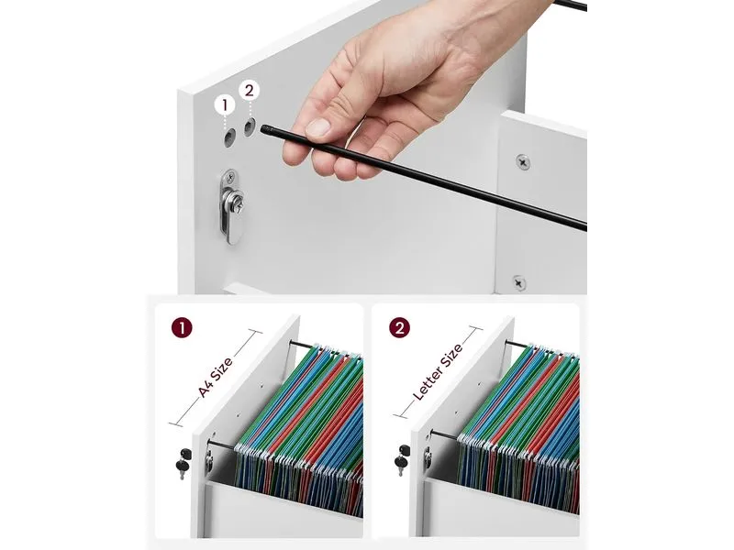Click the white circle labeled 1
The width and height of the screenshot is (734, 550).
pos(225,105)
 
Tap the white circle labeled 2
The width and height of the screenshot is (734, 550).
pos(249,90)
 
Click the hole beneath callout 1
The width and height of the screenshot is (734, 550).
pos(228,138)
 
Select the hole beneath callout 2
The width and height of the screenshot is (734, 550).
pos(249,127)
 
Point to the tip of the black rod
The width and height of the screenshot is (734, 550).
pos(263,128)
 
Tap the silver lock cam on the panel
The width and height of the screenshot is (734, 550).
pos(230,205)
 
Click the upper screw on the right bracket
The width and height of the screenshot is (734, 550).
pos(523,163)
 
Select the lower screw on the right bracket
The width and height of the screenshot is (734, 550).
pos(519,283)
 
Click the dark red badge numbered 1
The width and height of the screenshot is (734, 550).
pos(182,328)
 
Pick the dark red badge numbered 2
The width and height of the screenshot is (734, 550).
pos(399,328)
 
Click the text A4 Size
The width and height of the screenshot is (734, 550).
pos(216,378)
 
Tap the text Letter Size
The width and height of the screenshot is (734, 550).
pos(439,371)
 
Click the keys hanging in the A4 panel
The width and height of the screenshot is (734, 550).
pos(183,463)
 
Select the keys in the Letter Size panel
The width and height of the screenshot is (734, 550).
pos(402,459)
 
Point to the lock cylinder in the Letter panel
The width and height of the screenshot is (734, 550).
pos(428,458)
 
